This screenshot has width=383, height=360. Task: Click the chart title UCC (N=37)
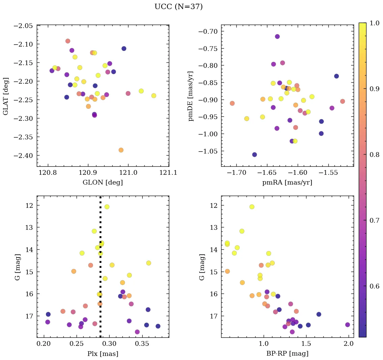click(x=178, y=7)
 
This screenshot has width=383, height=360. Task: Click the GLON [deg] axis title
click(x=102, y=183)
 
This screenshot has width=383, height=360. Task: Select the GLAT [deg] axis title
click(x=6, y=96)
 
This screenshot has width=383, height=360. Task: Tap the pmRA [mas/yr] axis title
click(x=287, y=183)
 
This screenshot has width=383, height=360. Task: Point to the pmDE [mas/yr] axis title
click(x=191, y=96)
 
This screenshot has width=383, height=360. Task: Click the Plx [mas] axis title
click(x=102, y=354)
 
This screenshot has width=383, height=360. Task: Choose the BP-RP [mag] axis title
click(x=287, y=354)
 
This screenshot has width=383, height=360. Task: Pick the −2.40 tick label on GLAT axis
click(x=23, y=156)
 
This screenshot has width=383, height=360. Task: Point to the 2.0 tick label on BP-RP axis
click(x=349, y=344)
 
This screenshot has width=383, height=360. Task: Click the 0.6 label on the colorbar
click(x=375, y=286)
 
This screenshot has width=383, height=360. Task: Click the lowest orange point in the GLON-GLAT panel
click(x=121, y=150)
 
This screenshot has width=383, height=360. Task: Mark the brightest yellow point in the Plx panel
click(x=107, y=207)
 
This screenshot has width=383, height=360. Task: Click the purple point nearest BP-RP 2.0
click(x=348, y=325)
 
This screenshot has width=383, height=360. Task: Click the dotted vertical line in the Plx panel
click(x=100, y=270)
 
